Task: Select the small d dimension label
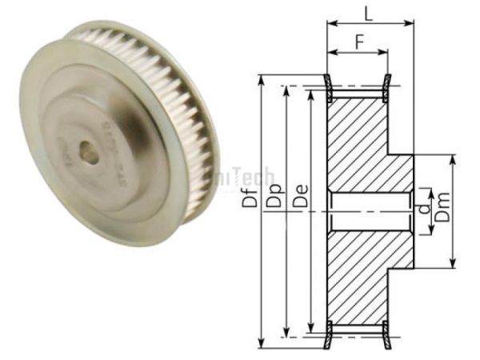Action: (x=422, y=210)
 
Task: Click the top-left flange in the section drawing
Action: (x=328, y=87)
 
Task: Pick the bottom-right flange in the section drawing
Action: (x=386, y=334)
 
